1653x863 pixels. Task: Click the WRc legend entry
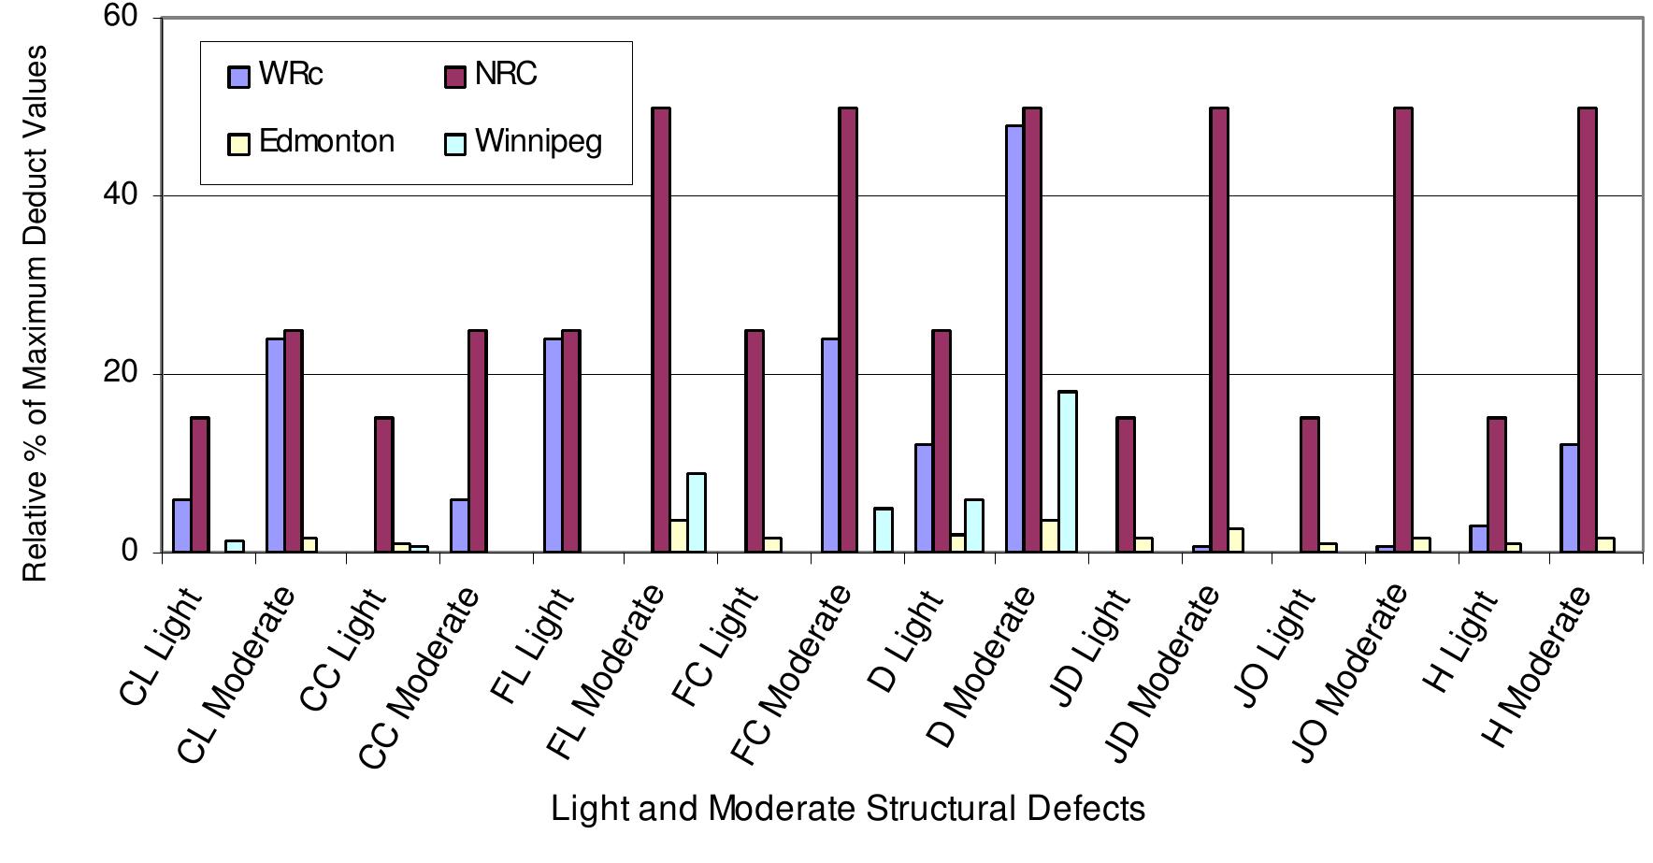277,75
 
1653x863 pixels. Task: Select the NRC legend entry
492,75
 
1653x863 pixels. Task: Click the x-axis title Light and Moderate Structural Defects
847,809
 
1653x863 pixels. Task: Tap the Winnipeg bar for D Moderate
1067,471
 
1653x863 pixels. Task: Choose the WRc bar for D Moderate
1013,338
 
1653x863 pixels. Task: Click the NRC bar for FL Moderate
661,330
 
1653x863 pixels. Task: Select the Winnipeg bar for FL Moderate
697,512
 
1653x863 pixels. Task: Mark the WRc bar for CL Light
181,525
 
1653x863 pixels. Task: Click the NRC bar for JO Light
1309,484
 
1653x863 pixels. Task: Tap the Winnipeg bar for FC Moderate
883,530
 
